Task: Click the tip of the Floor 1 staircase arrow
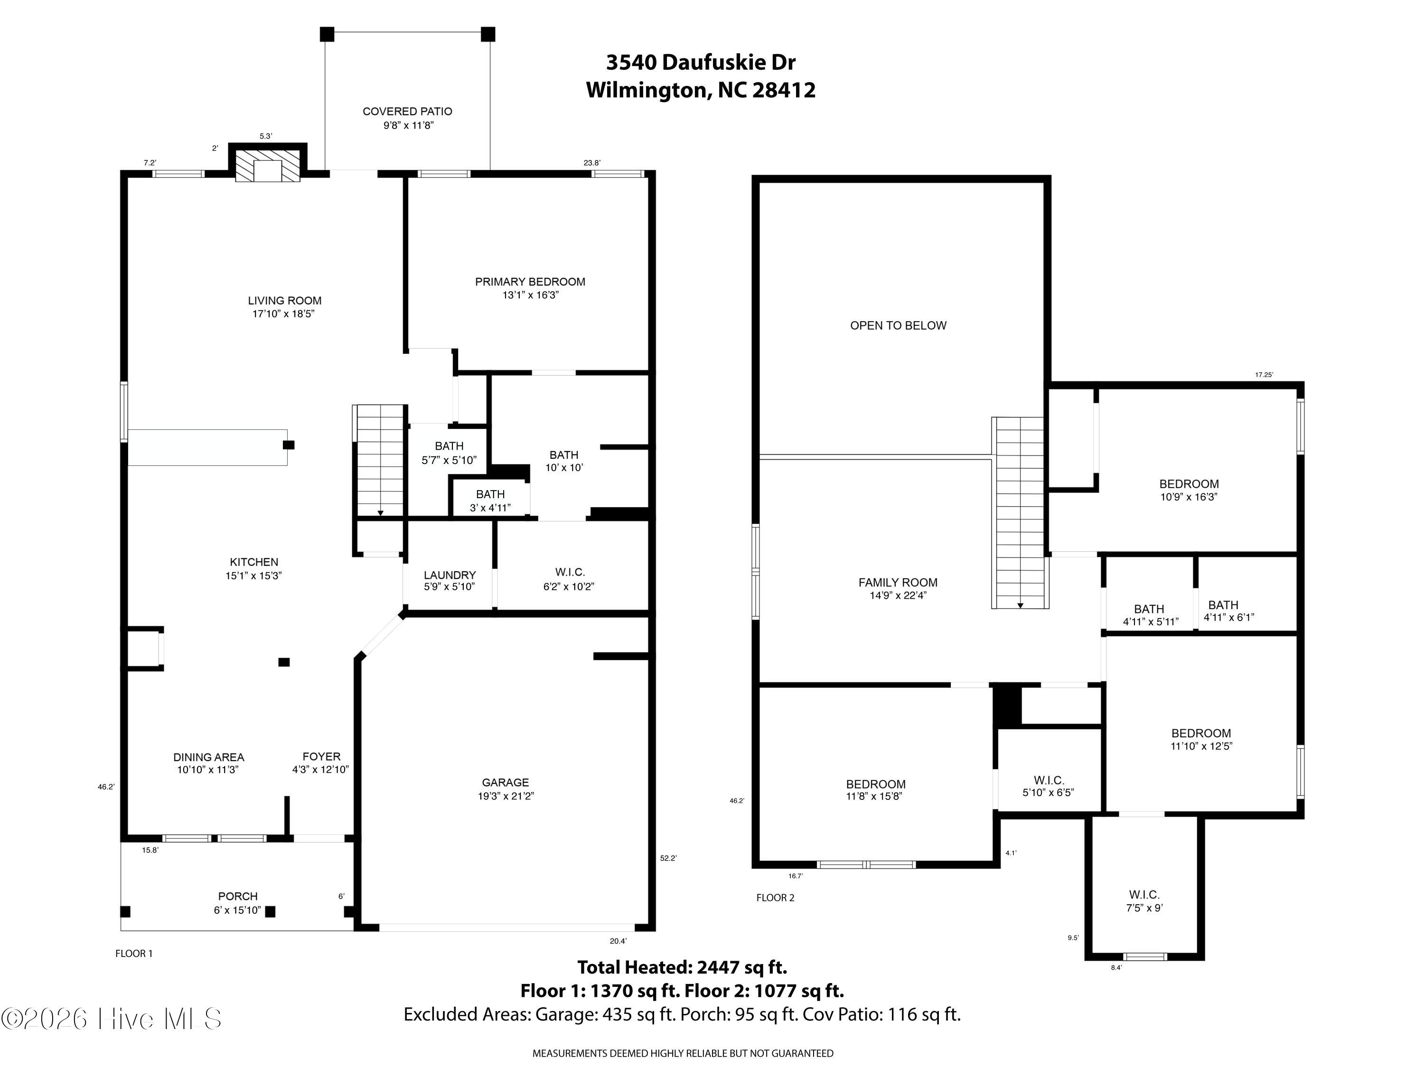[381, 516]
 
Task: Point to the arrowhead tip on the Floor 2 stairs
[1021, 608]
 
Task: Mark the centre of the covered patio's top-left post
[327, 34]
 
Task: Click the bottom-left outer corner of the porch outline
[121, 930]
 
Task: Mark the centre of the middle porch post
[271, 911]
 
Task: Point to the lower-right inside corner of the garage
[647, 924]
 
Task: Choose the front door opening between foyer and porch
[319, 838]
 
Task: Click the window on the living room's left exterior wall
[124, 412]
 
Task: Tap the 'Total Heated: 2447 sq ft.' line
[682, 967]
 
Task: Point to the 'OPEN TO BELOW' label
[898, 325]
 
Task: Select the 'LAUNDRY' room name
[450, 575]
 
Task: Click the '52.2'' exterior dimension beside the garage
[668, 858]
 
